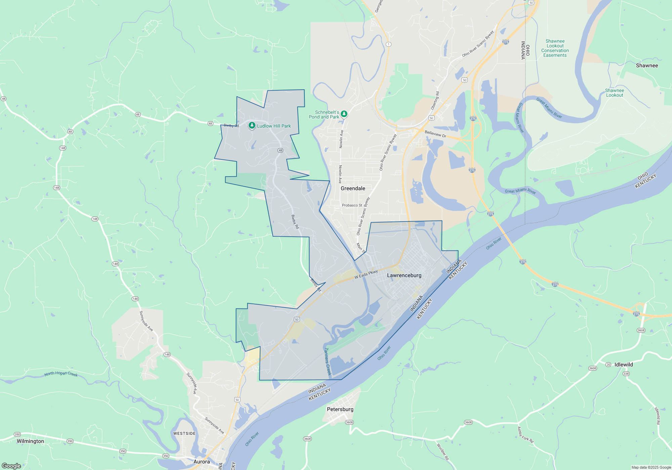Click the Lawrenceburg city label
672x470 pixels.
404,275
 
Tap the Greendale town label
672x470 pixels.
353,188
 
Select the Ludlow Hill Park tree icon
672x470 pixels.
252,126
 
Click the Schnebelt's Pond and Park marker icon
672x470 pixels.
344,114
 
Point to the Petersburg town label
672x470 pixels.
340,409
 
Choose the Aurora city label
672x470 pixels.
202,462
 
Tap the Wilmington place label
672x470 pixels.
30,441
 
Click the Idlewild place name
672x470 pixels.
624,365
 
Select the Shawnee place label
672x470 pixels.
647,65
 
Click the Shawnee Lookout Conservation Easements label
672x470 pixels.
555,48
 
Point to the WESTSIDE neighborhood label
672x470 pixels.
184,433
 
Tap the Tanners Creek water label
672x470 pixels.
327,362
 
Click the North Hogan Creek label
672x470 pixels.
61,374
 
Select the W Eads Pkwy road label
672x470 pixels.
366,275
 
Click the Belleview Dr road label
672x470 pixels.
435,134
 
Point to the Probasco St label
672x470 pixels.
352,205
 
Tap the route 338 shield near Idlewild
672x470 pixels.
626,373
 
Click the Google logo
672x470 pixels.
11,466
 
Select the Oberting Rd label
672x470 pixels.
435,100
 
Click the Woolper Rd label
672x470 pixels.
443,452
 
